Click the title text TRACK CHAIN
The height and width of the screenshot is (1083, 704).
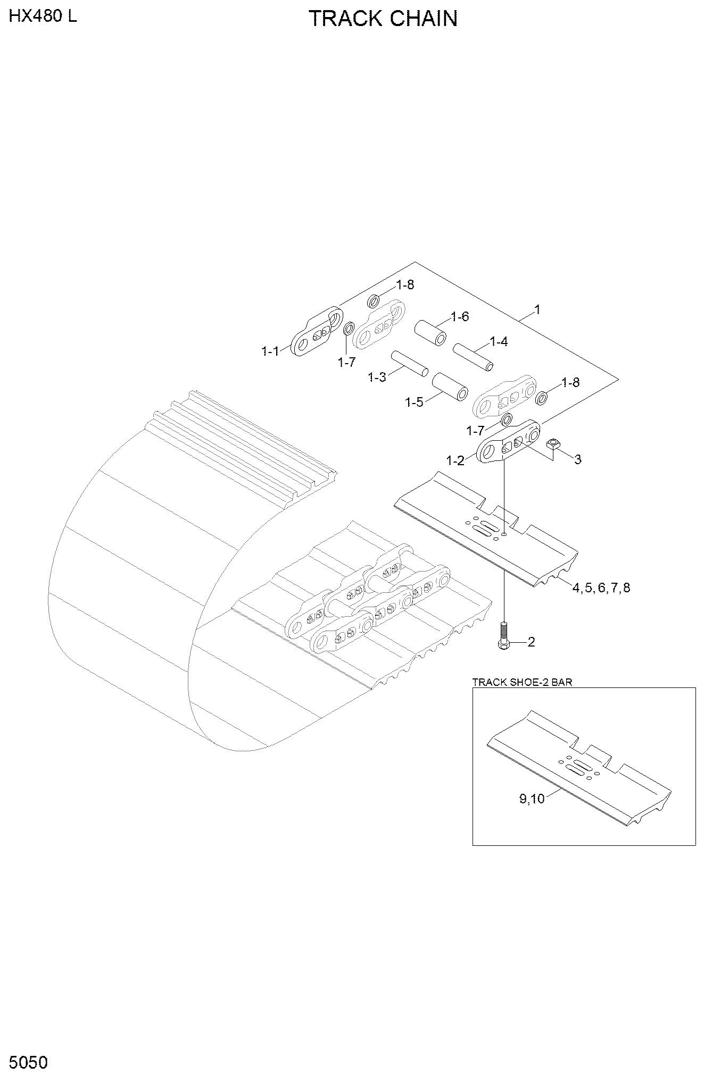point(383,19)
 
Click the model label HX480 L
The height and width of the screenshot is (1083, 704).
point(43,16)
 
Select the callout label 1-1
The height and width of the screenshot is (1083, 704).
point(270,351)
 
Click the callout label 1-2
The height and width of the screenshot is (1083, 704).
point(455,460)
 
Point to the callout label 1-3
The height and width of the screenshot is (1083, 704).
point(377,377)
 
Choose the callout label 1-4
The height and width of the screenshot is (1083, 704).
point(499,342)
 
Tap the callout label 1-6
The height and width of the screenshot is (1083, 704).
point(460,317)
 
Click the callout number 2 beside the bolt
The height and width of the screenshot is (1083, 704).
point(531,642)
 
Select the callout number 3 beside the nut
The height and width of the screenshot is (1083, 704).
point(578,459)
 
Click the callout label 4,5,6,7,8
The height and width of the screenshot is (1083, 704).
point(601,588)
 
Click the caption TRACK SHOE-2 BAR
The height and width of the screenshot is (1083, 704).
point(522,682)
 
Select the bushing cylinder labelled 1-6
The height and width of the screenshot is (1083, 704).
point(430,333)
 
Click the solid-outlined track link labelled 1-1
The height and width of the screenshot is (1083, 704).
point(316,333)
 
